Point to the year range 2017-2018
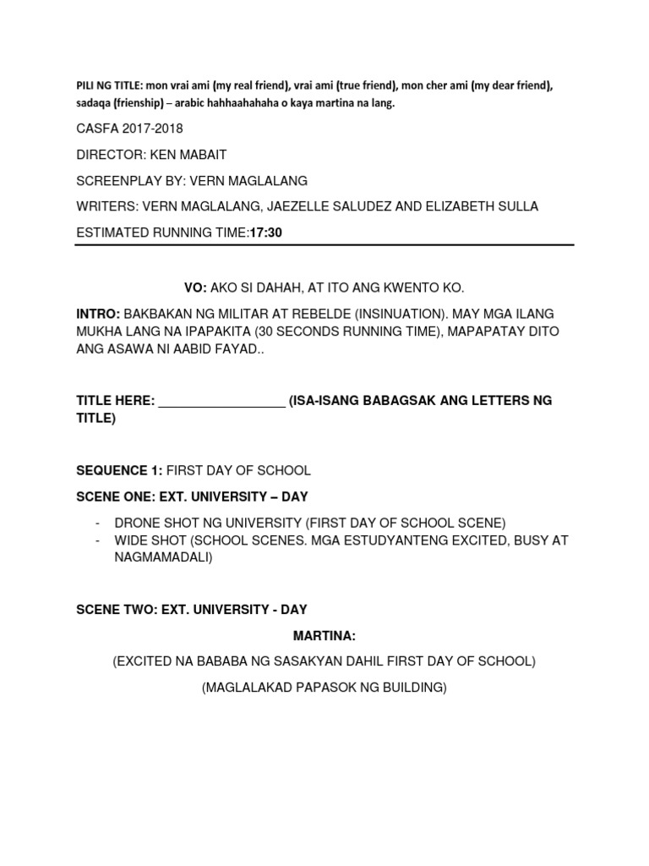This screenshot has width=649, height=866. click(x=154, y=129)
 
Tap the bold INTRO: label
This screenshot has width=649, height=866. click(x=98, y=315)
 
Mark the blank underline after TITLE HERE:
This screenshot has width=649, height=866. click(x=222, y=402)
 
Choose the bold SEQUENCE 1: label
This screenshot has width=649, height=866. click(x=118, y=469)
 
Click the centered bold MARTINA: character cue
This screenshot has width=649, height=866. click(x=324, y=635)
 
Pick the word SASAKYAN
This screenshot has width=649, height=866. click(x=320, y=661)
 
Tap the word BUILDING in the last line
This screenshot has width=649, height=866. click(x=412, y=688)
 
